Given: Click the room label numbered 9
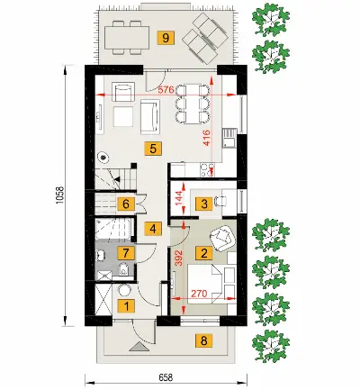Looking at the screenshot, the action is (166, 38).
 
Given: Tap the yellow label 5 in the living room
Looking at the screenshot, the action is (153, 149).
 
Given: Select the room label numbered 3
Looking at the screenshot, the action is (204, 204).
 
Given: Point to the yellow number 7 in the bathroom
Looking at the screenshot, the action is (126, 253).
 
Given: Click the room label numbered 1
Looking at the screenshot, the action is (126, 306).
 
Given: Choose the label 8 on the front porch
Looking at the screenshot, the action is (204, 340).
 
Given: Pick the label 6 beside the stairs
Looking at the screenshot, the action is (126, 204).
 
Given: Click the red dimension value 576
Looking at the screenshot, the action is (167, 90).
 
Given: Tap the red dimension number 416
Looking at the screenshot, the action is (206, 138).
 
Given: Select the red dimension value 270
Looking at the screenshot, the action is (199, 294).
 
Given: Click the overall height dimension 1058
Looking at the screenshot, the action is (60, 195).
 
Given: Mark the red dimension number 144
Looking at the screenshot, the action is (179, 198).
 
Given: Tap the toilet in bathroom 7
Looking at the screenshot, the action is (123, 269).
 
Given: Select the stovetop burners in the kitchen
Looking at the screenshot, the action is (208, 169).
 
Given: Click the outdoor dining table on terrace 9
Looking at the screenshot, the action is (127, 38).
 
